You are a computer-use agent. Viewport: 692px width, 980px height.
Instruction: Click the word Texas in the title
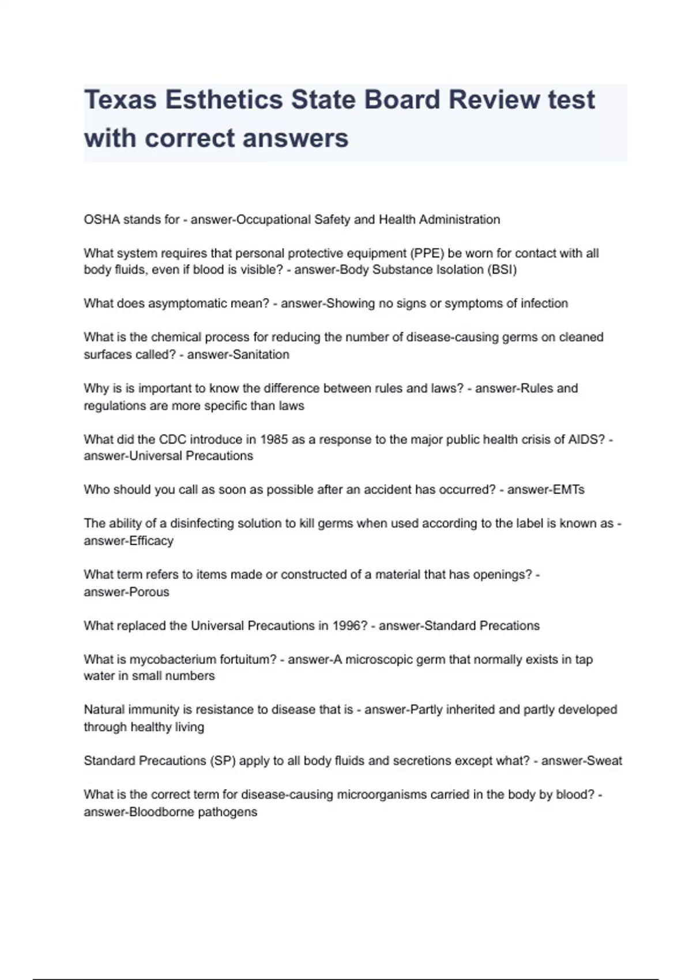pyautogui.click(x=120, y=100)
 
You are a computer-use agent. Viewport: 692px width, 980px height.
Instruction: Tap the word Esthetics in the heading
pyautogui.click(x=224, y=100)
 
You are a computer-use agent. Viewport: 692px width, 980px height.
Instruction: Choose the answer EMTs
pyautogui.click(x=569, y=490)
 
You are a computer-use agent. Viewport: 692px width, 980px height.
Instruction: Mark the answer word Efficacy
pyautogui.click(x=151, y=541)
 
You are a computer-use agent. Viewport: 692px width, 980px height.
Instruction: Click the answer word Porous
pyautogui.click(x=149, y=592)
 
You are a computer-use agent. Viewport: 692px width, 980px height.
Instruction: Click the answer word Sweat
pyautogui.click(x=604, y=761)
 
